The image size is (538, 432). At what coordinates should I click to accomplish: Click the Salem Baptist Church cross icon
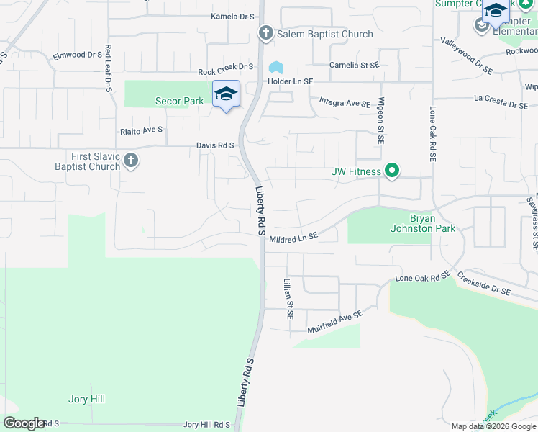(x=265, y=33)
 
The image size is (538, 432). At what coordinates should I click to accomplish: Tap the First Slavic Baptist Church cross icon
(x=130, y=161)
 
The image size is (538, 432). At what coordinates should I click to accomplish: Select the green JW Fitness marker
(x=392, y=171)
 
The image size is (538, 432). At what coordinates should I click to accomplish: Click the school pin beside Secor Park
(x=226, y=95)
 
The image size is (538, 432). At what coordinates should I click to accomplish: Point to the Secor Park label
(x=180, y=102)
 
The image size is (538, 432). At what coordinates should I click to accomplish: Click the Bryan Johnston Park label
(x=432, y=223)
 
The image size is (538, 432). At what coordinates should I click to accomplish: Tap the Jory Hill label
(x=88, y=399)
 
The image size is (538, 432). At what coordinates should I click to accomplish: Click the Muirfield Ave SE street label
(x=334, y=320)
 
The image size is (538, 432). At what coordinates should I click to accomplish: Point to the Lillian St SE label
(x=288, y=299)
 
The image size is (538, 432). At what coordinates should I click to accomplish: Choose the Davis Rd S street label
(x=215, y=145)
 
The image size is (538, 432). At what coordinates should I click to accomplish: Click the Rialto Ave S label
(x=142, y=130)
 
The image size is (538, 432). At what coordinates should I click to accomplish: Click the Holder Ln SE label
(x=291, y=81)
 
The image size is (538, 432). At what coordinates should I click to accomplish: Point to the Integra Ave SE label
(x=345, y=103)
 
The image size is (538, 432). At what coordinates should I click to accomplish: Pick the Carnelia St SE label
(x=354, y=65)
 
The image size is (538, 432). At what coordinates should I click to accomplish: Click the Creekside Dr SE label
(x=484, y=284)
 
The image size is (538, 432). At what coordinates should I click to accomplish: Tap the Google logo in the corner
(x=24, y=423)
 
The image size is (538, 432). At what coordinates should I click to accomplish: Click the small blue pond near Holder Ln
(x=275, y=68)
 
